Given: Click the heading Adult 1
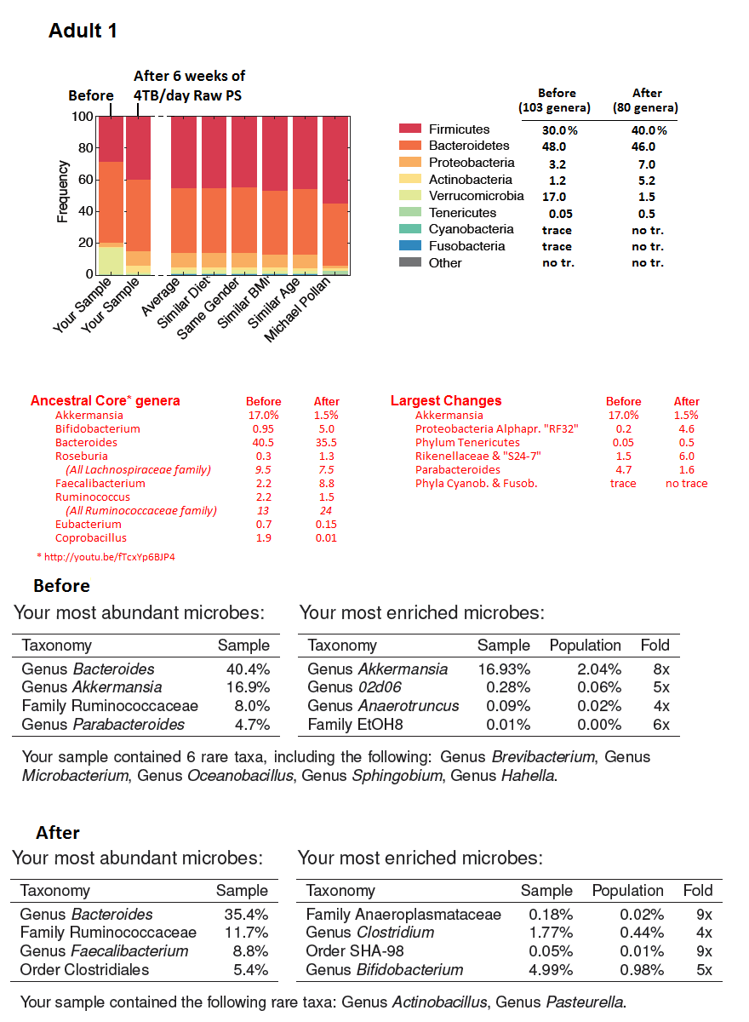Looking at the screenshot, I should click(x=83, y=31).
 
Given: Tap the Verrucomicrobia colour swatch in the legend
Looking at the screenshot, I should click(x=410, y=196).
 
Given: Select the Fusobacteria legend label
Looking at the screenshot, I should click(x=466, y=246).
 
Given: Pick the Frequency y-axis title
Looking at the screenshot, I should click(x=62, y=192).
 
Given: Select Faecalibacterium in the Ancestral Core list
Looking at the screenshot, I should click(x=100, y=483).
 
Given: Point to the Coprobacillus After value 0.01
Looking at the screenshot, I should click(x=326, y=537).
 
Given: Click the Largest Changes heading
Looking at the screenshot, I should click(x=446, y=400).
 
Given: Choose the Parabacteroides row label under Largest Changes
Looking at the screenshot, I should click(x=457, y=469).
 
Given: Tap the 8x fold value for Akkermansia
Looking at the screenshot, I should click(x=660, y=669).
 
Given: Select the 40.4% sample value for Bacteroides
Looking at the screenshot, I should click(x=248, y=669).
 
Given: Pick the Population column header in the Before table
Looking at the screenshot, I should click(x=585, y=645).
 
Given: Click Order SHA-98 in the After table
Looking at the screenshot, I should click(x=354, y=951).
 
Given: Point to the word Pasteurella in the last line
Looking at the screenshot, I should click(x=589, y=1002).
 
